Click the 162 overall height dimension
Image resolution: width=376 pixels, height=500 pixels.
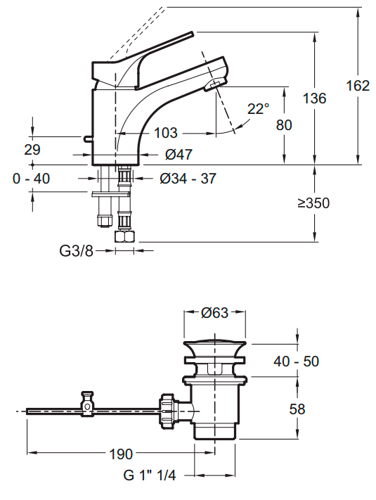click(358, 86)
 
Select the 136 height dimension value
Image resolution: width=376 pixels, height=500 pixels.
click(314, 98)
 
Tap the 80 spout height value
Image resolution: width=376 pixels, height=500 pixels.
click(284, 124)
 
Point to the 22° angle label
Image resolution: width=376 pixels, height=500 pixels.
click(258, 109)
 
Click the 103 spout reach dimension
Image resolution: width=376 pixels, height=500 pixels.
click(166, 133)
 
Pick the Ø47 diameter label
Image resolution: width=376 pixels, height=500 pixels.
click(179, 155)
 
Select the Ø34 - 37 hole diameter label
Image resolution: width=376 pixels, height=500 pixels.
click(188, 179)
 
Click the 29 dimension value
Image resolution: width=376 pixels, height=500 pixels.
click(32, 150)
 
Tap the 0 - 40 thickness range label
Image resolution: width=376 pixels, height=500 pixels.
click(31, 179)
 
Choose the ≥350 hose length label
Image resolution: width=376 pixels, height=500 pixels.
click(313, 203)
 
